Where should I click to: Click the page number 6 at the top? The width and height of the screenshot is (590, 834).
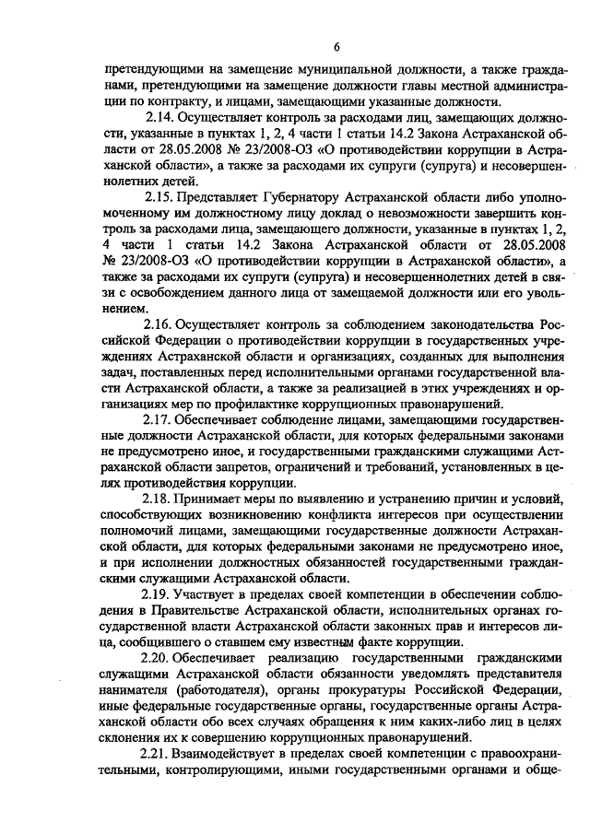337,47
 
